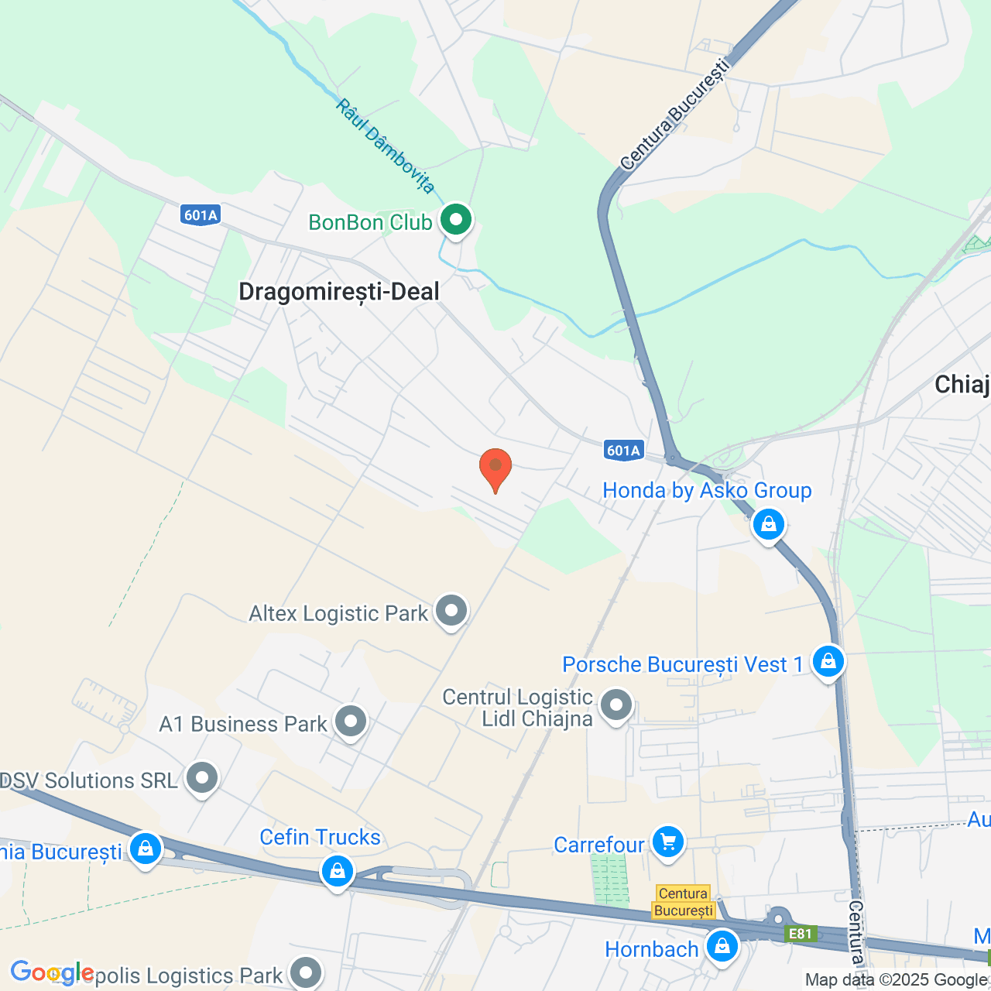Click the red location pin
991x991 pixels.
click(x=495, y=468)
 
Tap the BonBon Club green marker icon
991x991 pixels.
click(x=456, y=220)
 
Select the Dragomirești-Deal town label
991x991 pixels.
click(x=339, y=292)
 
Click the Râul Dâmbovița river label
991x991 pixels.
click(x=386, y=146)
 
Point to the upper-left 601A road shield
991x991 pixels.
click(x=201, y=215)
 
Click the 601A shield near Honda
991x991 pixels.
click(x=623, y=451)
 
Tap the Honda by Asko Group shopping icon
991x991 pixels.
click(x=769, y=525)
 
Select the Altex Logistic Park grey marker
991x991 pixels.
click(x=451, y=612)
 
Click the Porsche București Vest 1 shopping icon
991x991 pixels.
click(x=828, y=662)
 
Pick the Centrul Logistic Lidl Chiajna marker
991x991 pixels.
click(x=616, y=705)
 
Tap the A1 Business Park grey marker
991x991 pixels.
click(x=351, y=722)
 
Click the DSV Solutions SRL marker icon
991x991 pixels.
click(x=203, y=778)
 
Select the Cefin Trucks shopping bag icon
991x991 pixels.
click(x=338, y=872)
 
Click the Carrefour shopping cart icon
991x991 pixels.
click(x=668, y=842)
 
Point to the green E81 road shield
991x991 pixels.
click(x=800, y=934)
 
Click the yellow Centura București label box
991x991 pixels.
click(x=683, y=902)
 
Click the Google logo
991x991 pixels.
click(x=52, y=973)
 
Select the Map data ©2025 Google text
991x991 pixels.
click(x=897, y=980)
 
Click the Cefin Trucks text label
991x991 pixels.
click(x=321, y=838)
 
